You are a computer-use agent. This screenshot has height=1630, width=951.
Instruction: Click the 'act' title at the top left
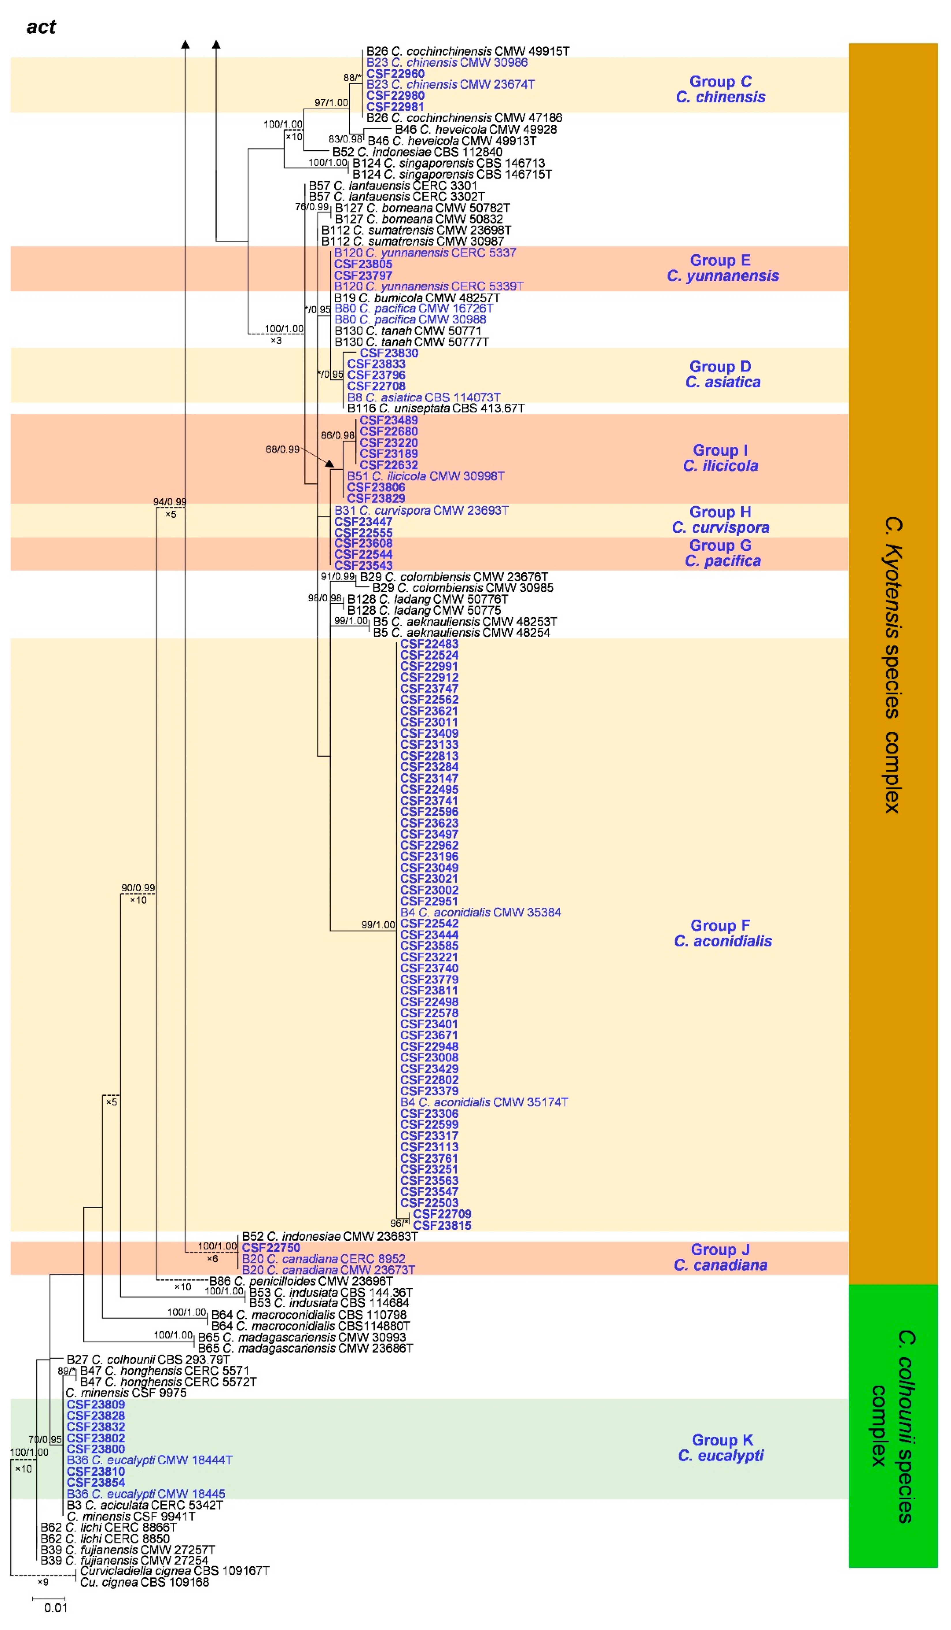pyautogui.click(x=41, y=27)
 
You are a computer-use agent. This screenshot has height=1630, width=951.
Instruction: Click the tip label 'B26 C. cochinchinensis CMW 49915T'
pyautogui.click(x=467, y=51)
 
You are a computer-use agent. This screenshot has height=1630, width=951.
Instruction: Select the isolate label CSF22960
pyautogui.click(x=395, y=74)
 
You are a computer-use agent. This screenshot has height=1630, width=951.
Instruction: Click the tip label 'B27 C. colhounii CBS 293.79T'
pyautogui.click(x=148, y=1360)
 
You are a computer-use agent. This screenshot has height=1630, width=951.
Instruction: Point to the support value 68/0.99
pyautogui.click(x=283, y=449)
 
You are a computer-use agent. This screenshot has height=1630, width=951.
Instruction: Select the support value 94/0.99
pyautogui.click(x=169, y=502)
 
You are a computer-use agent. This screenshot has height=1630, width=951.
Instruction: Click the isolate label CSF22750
pyautogui.click(x=271, y=1248)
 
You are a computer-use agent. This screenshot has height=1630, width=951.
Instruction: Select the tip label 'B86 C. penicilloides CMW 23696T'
pyautogui.click(x=301, y=1281)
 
